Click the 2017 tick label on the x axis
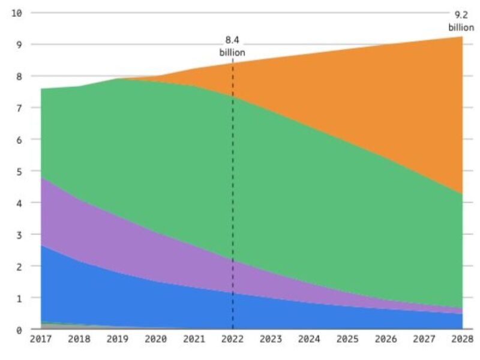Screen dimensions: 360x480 point(41,339)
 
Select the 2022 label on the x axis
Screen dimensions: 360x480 point(232,339)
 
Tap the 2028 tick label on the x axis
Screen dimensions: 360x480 point(461,339)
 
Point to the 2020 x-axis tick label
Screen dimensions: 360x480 point(156,339)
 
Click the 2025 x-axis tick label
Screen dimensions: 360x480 point(347,339)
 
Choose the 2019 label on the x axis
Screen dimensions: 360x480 point(118,339)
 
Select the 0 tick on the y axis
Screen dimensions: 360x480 point(19,329)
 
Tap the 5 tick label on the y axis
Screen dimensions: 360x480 point(19,171)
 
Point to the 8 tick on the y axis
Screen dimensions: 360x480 point(19,76)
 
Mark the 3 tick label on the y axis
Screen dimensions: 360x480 point(19,235)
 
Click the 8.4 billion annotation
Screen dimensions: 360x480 point(232,46)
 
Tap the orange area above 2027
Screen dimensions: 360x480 point(424,120)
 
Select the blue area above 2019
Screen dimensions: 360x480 point(118,300)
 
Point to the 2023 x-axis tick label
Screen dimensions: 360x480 point(271,339)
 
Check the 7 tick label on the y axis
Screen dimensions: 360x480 point(19,108)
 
